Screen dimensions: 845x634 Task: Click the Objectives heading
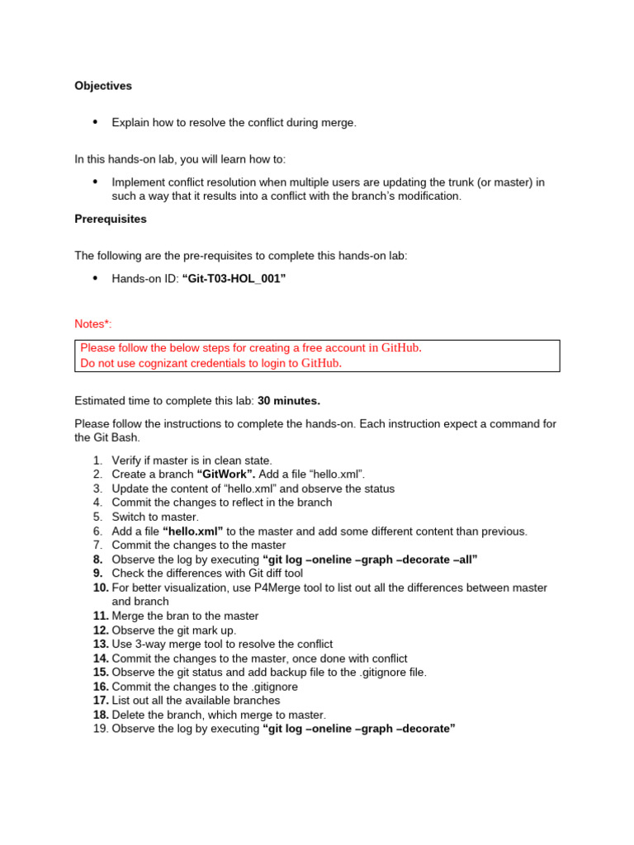[x=103, y=86]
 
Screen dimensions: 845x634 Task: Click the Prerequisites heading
[x=111, y=219]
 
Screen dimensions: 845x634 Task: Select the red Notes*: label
[x=92, y=324]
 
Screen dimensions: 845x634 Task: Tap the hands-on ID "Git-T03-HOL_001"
[x=234, y=279]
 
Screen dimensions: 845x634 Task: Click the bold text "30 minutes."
[x=289, y=401]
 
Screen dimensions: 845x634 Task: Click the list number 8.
[x=97, y=559]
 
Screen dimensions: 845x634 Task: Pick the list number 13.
[x=100, y=644]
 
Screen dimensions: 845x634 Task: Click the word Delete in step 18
[x=128, y=715]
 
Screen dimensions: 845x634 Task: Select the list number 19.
[x=100, y=729]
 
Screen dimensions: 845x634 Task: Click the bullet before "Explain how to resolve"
[x=94, y=122]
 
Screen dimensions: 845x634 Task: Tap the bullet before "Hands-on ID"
[x=94, y=279]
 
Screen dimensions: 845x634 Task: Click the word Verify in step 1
[x=126, y=460]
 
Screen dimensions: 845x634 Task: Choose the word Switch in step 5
[x=128, y=517]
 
